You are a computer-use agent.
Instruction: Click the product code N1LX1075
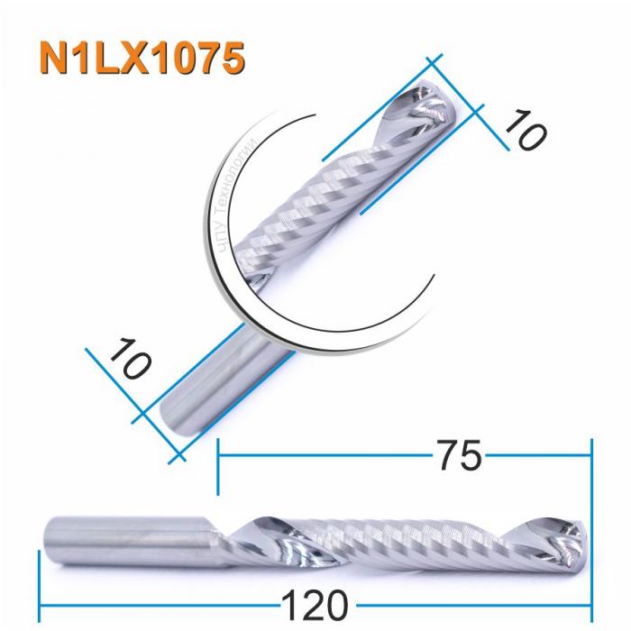142,57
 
